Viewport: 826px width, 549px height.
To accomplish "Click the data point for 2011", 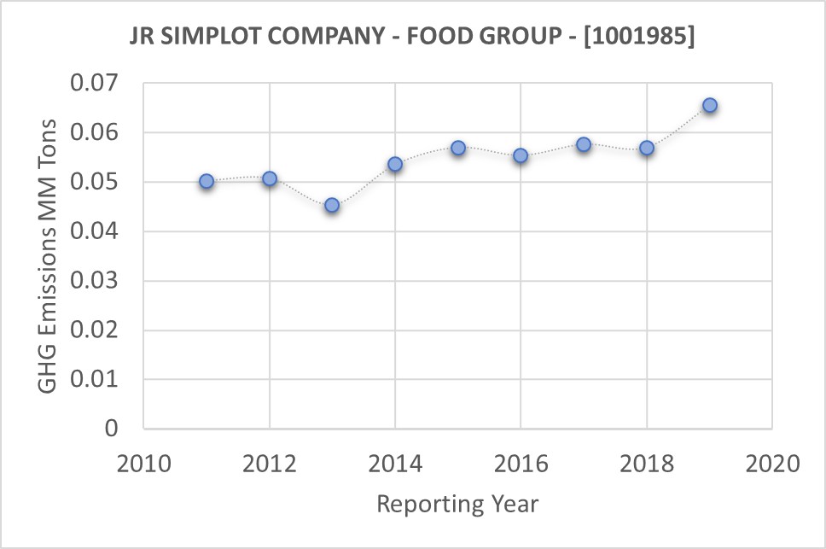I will coord(206,181).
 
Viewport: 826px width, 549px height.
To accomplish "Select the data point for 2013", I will coord(332,205).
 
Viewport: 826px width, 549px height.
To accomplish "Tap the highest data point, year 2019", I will coord(709,105).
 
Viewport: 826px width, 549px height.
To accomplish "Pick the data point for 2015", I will coord(458,148).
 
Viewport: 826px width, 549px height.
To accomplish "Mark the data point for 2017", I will coord(584,144).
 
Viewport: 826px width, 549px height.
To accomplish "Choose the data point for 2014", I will coord(395,164).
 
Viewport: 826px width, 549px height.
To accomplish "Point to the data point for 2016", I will coord(521,155).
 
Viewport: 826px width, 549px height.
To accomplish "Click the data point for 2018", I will coord(647,148).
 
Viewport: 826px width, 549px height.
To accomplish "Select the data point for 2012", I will coord(270,178).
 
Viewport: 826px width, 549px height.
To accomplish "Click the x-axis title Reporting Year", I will coord(457,504).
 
